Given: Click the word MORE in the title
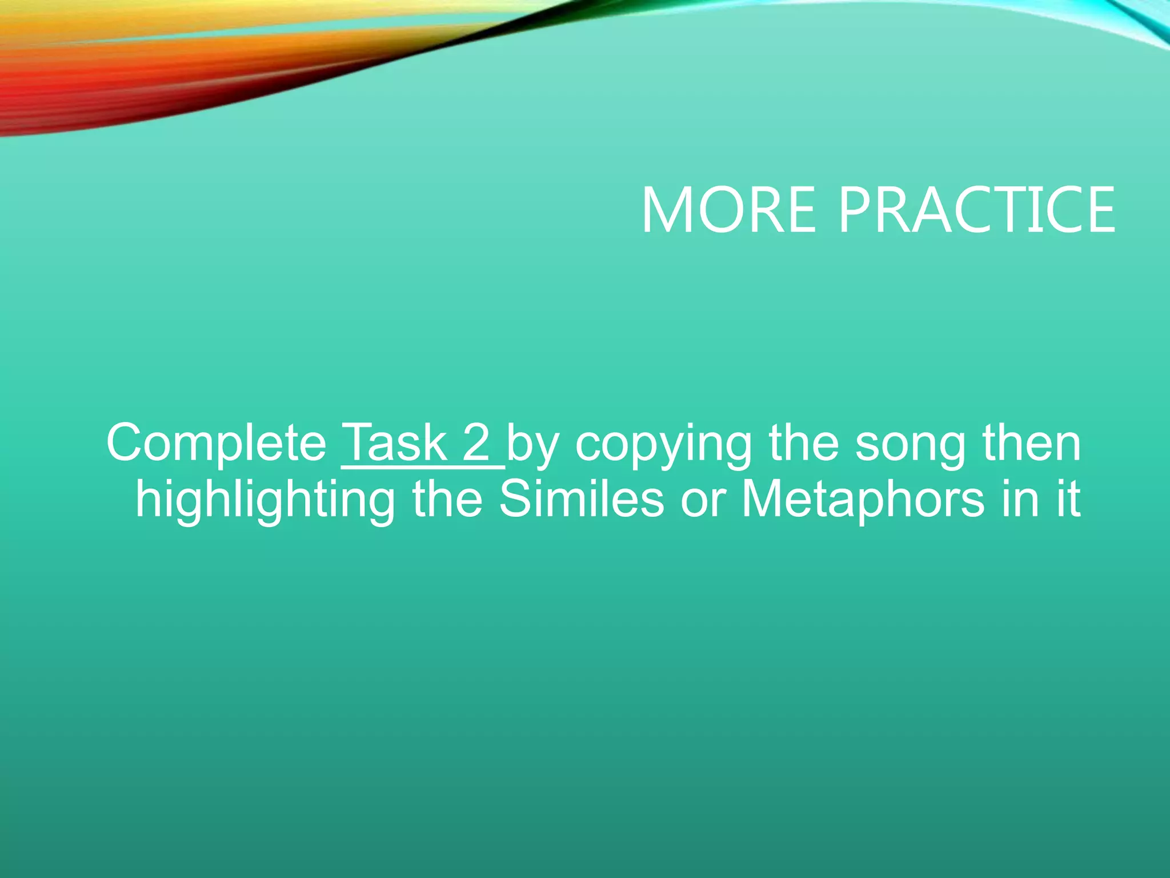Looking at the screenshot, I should pos(728,210).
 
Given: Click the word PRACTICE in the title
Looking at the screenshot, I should pos(976,210).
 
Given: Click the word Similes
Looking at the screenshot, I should pos(581,499).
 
